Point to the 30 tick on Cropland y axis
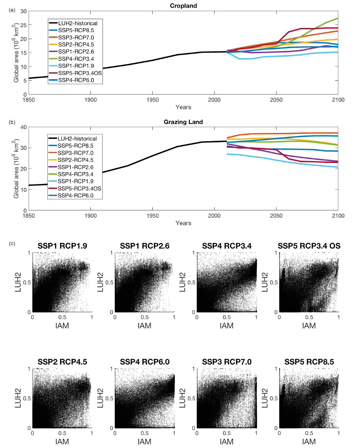(24, 11)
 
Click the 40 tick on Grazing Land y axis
(24, 127)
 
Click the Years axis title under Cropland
(184, 107)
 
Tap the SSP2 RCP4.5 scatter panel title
(62, 362)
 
